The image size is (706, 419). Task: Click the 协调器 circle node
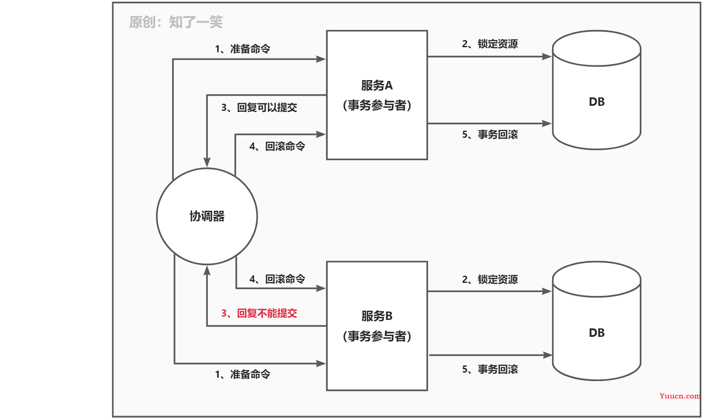tap(207, 216)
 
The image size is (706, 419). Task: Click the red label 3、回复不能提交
tap(259, 313)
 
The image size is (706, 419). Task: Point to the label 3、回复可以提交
tap(259, 107)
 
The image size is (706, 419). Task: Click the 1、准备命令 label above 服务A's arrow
tap(243, 49)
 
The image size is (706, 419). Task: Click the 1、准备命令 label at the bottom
tap(243, 374)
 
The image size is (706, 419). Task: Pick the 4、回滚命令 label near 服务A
tap(277, 146)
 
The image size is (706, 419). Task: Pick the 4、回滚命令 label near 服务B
tap(277, 279)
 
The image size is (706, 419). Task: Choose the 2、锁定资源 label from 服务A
tap(490, 44)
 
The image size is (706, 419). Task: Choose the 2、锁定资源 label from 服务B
tap(490, 279)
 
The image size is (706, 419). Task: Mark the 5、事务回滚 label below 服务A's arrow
tap(490, 134)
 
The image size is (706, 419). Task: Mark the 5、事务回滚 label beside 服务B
tap(490, 369)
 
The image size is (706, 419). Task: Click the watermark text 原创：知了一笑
tap(176, 22)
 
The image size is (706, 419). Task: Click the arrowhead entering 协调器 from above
tap(207, 162)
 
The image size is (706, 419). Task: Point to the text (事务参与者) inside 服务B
tap(377, 336)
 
